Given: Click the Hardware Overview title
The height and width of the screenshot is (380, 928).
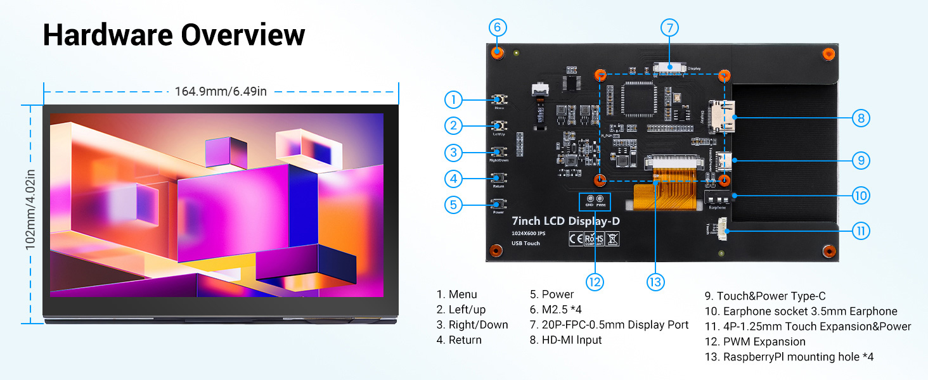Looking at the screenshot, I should tap(174, 35).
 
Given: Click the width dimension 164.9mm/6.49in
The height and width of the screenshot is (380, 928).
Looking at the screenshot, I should tap(221, 91).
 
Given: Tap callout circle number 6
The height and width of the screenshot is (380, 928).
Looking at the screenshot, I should tap(498, 27).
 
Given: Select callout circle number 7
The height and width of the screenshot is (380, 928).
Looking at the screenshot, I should tap(669, 28).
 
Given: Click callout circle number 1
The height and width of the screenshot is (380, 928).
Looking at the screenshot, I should tap(453, 99).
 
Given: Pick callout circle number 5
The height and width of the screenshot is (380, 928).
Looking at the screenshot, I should tap(453, 205).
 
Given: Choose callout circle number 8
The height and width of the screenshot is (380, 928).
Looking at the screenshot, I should tap(860, 118).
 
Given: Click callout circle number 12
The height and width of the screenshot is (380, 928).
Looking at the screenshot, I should tap(594, 282).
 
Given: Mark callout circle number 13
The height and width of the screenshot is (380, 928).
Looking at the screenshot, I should tap(655, 282).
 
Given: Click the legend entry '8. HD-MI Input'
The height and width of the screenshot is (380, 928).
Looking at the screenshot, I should tap(566, 340).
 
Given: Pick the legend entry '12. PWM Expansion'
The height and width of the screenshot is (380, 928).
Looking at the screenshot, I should tap(755, 341).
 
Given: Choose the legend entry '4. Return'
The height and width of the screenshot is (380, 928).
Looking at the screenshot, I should tap(459, 340).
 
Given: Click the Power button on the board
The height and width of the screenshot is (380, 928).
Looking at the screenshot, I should tap(499, 204).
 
